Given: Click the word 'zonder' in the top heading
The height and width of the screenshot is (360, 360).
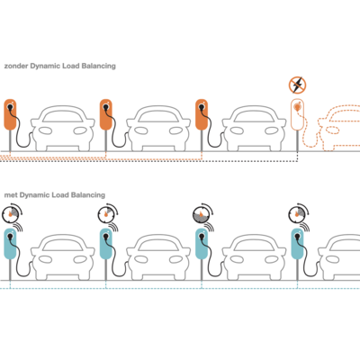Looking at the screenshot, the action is (16, 66).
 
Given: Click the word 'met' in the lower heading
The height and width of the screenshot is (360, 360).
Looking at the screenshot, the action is (11, 195).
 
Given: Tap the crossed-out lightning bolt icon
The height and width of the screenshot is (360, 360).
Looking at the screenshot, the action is (297, 85).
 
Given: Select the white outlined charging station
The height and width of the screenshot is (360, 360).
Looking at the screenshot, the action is (297, 115).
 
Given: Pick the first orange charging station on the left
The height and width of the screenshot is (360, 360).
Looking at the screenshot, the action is (10, 114).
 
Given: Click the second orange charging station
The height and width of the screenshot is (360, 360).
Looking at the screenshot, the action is (106, 114).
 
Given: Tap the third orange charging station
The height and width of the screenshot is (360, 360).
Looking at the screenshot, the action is (202, 114).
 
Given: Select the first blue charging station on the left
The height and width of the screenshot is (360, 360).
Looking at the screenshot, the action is (10, 244).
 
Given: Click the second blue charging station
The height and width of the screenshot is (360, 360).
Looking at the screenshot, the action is (106, 244).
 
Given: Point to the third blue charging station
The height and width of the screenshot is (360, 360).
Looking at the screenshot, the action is (202, 244).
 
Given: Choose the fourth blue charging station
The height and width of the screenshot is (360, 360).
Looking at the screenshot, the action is (298, 244).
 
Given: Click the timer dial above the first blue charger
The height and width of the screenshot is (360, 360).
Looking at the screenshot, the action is (12, 213).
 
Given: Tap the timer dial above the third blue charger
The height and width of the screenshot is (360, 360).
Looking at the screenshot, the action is (202, 214).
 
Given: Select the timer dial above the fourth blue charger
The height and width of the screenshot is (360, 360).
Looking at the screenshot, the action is (298, 213).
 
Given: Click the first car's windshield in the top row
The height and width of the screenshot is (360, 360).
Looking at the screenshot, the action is (62, 116).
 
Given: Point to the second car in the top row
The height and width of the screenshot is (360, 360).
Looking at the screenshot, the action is (158, 128).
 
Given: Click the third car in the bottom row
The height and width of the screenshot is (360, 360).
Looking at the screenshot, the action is (254, 257).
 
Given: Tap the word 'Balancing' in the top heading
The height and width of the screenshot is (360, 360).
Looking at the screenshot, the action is (98, 66).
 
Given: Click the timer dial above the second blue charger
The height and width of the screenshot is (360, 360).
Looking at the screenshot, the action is (107, 213).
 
